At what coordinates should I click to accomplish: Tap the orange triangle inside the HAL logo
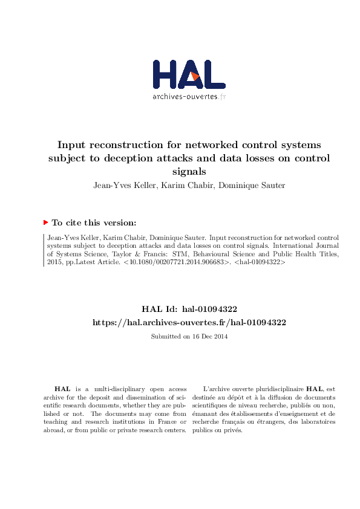(195, 76)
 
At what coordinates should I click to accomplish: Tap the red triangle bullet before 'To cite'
(45, 222)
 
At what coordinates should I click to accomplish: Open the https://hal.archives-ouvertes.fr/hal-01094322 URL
(189, 322)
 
